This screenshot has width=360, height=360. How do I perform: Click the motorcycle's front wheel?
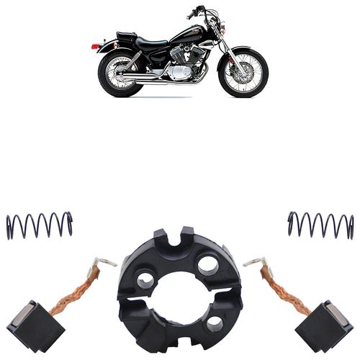(x=243, y=73)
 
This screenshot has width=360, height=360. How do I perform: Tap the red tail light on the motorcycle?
(x=95, y=46)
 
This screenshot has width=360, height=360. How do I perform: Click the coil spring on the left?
(x=40, y=225)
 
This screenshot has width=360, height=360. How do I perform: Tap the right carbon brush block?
(x=328, y=323)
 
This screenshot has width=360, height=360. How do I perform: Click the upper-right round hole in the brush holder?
(x=208, y=264)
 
